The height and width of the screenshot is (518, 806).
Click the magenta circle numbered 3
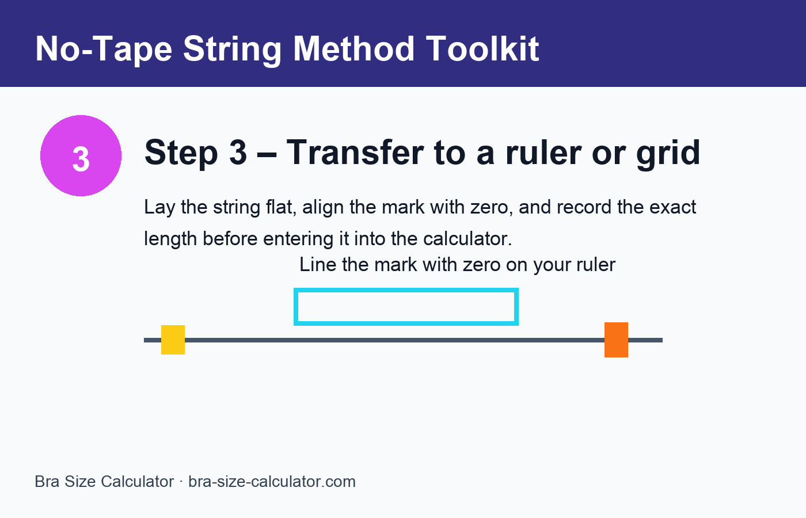tap(81, 156)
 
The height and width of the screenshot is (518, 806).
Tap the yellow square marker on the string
tap(173, 340)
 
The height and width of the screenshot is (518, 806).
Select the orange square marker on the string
tap(616, 340)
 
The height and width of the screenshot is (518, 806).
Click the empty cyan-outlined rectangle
tap(406, 307)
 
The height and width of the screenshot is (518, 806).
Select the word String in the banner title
tap(233, 48)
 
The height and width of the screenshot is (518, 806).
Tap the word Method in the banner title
tap(354, 48)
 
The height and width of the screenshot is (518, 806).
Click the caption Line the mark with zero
tap(457, 265)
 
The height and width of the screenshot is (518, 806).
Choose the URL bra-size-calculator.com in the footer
tap(272, 482)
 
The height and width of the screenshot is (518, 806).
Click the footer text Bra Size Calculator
tap(104, 482)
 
